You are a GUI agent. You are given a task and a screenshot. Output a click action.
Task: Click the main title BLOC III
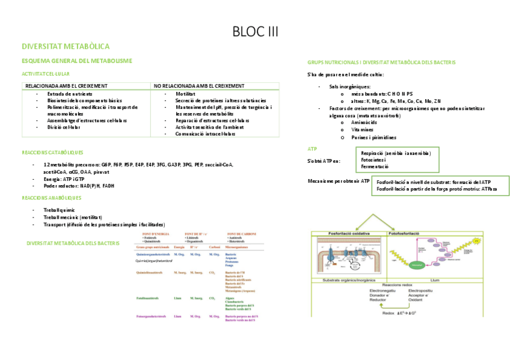pos(255,31)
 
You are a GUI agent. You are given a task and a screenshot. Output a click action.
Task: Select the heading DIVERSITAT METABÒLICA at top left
pos(65,46)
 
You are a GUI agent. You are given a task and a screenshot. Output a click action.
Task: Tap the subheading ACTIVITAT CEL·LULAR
pos(45,73)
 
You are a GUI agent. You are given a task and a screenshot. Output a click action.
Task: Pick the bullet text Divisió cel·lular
pos(64,127)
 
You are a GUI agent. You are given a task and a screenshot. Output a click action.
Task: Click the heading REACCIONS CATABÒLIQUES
pos(52,153)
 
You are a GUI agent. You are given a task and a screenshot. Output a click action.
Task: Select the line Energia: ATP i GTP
pos(64,178)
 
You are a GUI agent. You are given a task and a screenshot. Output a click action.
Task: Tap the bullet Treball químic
pos(60,210)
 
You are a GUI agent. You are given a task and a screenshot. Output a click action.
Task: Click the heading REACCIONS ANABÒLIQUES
pos(51,197)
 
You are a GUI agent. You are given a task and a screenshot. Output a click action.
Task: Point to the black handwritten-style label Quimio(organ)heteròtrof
pos(154,261)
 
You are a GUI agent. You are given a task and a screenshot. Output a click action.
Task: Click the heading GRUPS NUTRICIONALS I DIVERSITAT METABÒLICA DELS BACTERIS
pos(381,63)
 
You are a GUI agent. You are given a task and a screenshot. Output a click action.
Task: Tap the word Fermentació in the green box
pos(375,166)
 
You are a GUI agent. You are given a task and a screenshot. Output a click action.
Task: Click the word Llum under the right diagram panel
pos(435,280)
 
